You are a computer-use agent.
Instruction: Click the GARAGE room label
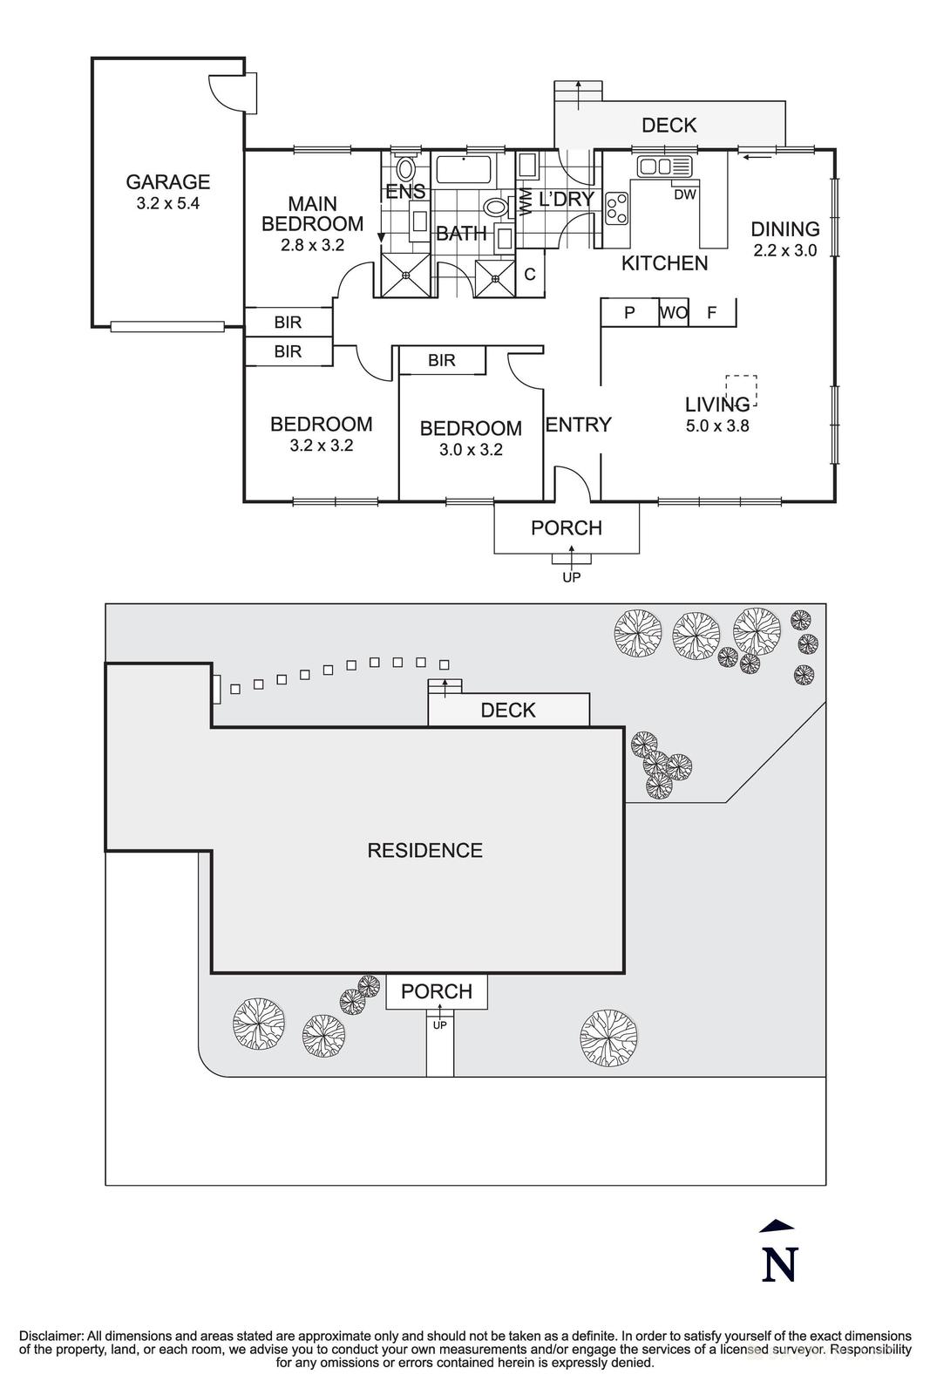(x=168, y=181)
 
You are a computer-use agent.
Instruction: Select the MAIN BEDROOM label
(x=312, y=214)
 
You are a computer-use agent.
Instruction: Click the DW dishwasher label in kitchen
(x=685, y=194)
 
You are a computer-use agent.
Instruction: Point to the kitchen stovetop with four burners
(x=617, y=208)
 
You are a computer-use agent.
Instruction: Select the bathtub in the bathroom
(x=464, y=171)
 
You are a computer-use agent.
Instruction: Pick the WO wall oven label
(x=674, y=312)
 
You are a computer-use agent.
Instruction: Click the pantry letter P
(x=629, y=312)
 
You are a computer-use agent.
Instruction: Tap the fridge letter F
(x=711, y=312)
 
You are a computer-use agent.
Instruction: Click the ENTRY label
(x=579, y=425)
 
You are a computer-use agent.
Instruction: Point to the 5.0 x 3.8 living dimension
(x=717, y=426)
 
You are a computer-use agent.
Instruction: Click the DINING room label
(x=785, y=229)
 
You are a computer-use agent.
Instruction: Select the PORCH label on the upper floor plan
(x=567, y=527)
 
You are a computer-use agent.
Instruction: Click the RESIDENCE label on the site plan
(x=424, y=850)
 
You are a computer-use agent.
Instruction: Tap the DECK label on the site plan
(x=508, y=710)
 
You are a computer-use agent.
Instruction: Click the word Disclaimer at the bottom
(x=51, y=1336)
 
